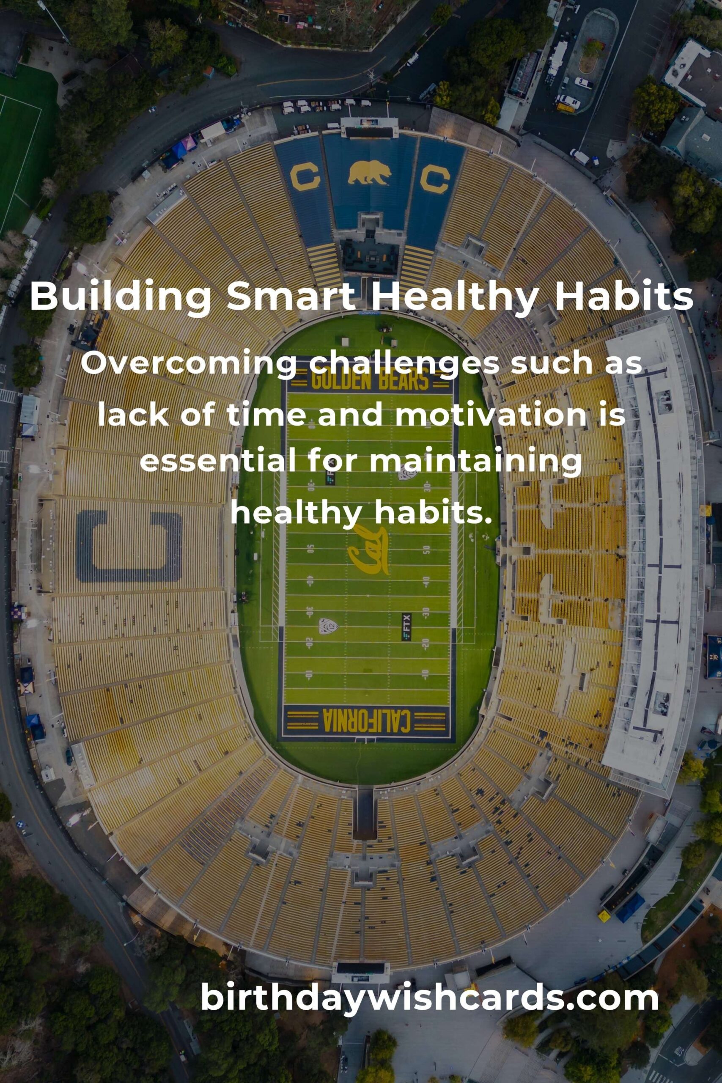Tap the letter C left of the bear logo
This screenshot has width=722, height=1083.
305,178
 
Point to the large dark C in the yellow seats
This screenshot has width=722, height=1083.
129,546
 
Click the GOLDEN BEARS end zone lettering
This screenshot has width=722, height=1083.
370,380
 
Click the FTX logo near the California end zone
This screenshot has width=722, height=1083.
406,627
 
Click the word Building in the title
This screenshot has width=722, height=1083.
121,297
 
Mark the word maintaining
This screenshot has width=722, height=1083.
475,464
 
